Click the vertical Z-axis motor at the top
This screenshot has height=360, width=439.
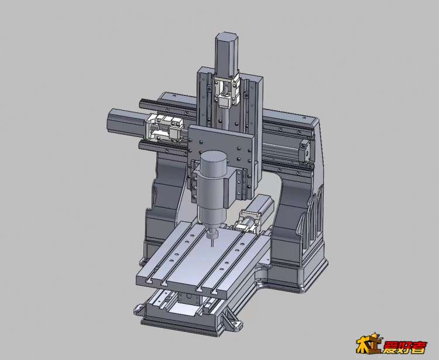pos(227,54)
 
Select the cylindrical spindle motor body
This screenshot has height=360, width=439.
pos(212,193)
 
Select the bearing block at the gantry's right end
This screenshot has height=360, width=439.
pos(304,152)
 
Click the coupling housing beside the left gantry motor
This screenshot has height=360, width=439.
pos(164,128)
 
